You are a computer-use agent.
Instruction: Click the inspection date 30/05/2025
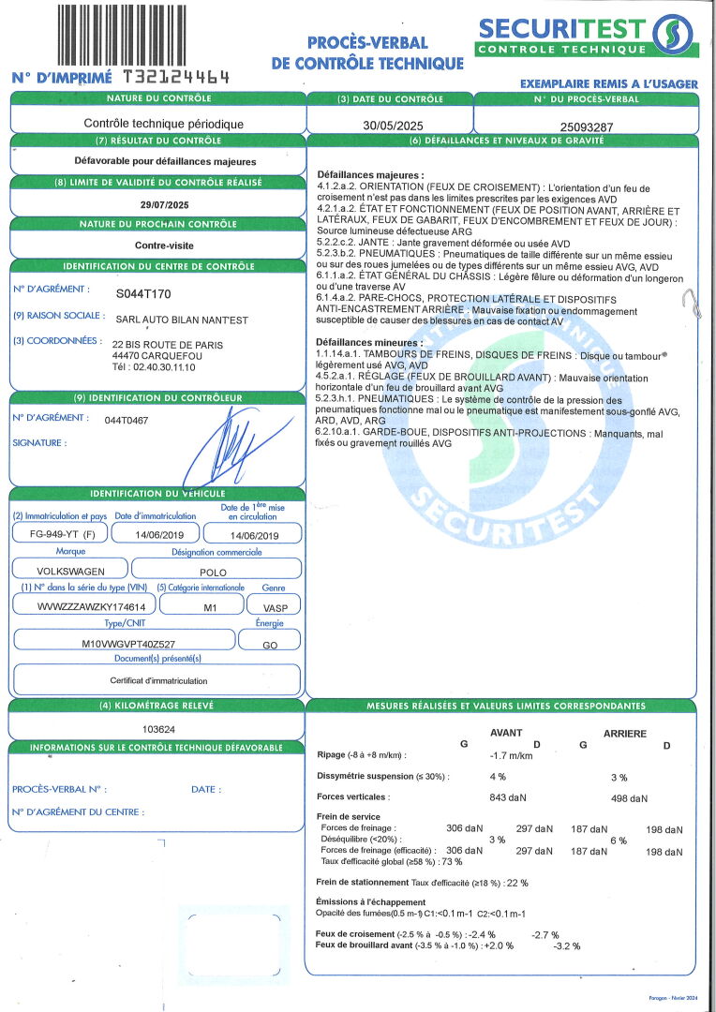389,124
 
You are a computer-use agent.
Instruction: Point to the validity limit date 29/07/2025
164,204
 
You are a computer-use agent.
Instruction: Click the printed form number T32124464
176,78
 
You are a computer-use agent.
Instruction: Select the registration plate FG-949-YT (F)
56,534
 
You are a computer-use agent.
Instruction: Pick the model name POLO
213,570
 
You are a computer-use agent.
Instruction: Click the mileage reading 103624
157,727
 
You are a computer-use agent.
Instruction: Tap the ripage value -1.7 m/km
511,754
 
